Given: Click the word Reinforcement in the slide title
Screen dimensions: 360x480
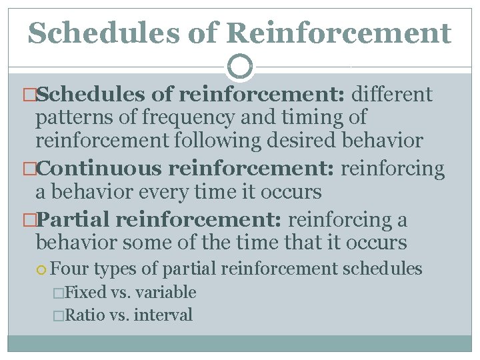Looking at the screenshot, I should pyautogui.click(x=338, y=32).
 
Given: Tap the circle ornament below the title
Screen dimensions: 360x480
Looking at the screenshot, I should pyautogui.click(x=240, y=67).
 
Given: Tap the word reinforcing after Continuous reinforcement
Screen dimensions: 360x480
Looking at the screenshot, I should pyautogui.click(x=393, y=169).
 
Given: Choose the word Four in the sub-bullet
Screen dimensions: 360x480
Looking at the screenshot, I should pyautogui.click(x=70, y=269).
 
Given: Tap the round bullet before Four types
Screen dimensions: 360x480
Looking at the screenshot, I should pyautogui.click(x=43, y=269).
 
